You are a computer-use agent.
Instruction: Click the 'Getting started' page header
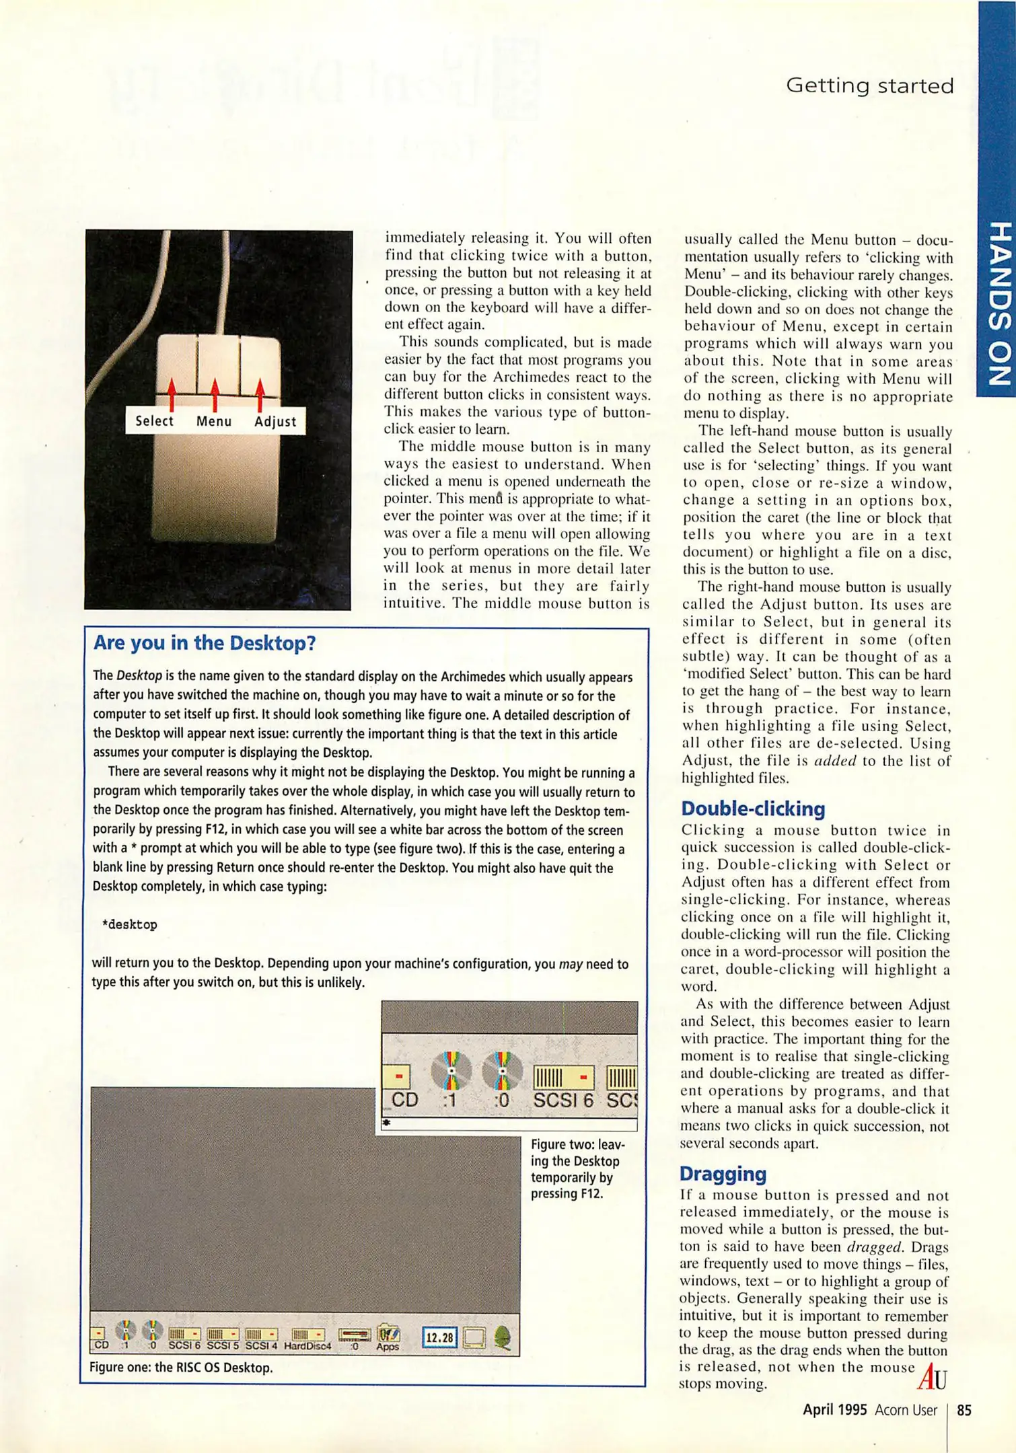coord(869,86)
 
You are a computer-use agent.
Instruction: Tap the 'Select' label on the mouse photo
coord(154,421)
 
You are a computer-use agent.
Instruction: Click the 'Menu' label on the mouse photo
coord(214,422)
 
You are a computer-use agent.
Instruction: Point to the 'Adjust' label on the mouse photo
coord(275,422)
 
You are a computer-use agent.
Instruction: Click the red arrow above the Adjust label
coord(260,394)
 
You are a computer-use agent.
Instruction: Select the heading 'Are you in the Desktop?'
coord(205,643)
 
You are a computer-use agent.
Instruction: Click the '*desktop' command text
coord(130,924)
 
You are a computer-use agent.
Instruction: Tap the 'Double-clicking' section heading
coord(752,809)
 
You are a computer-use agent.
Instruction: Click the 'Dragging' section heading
coord(723,1174)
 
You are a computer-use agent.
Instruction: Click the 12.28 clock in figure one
coord(439,1337)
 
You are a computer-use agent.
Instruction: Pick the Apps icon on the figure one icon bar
coord(388,1337)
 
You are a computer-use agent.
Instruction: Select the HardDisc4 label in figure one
coord(307,1346)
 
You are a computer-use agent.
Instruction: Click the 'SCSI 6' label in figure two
coord(563,1101)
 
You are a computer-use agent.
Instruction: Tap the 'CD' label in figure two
coord(405,1100)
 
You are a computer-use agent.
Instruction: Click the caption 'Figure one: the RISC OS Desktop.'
coord(181,1368)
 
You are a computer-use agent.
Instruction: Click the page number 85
coord(964,1410)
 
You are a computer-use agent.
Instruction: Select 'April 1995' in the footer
coord(834,1410)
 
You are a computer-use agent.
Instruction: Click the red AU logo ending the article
coord(932,1376)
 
